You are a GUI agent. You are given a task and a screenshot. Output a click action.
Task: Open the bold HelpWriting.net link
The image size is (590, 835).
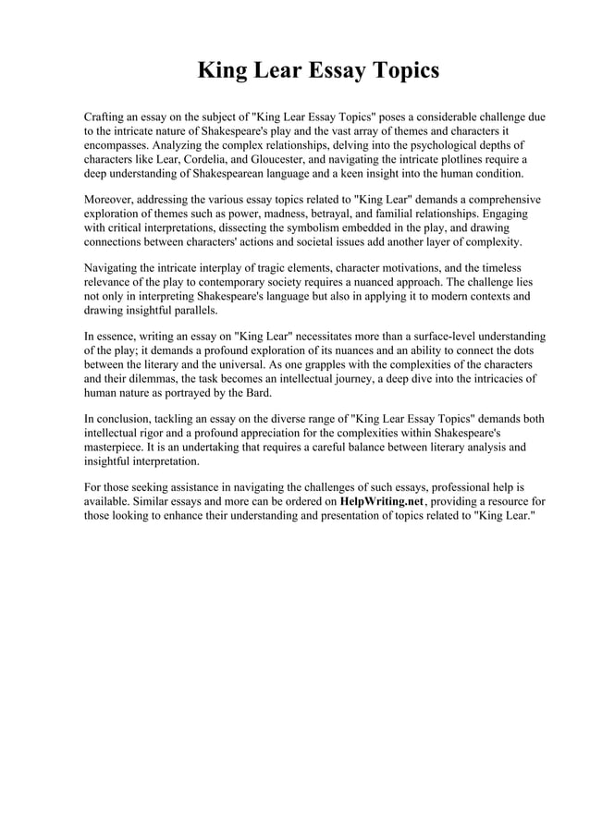(381, 501)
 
